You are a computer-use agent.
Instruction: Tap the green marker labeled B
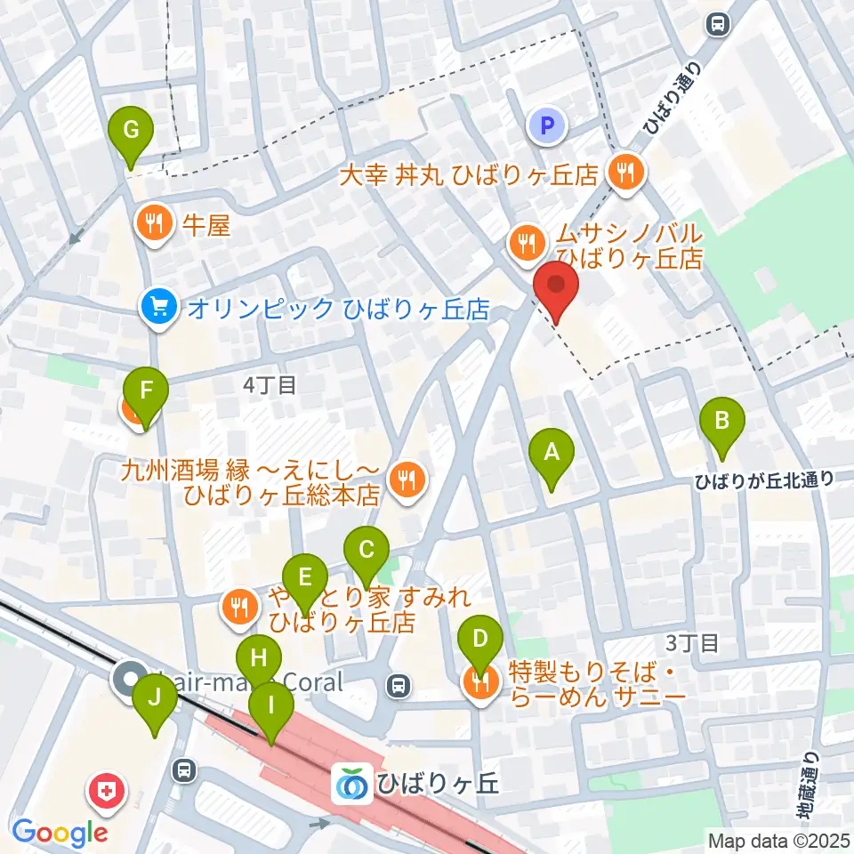[722, 420]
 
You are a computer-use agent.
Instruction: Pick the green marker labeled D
[480, 640]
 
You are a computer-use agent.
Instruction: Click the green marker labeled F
[147, 391]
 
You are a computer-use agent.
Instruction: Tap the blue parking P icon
[548, 126]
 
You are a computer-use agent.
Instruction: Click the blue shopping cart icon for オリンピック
[159, 309]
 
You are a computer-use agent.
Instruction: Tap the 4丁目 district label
[269, 385]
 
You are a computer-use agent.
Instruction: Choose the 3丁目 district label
[691, 643]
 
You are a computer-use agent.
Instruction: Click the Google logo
[60, 833]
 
